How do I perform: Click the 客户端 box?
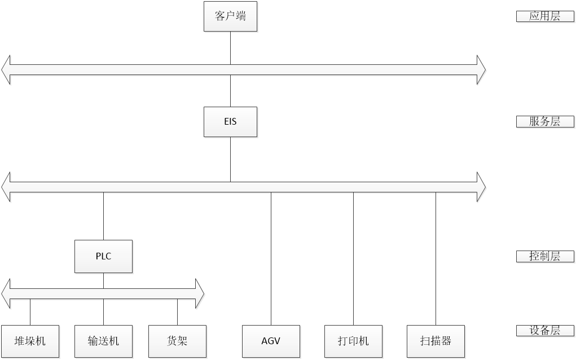coord(230,16)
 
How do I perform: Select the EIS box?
coord(230,122)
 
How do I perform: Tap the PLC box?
coord(103,256)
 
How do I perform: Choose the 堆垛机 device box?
coord(30,341)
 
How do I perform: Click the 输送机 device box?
coord(103,341)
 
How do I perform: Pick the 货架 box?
coord(177,341)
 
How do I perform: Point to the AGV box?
coord(271,341)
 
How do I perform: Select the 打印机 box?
coord(353,341)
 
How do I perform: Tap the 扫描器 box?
coord(436,341)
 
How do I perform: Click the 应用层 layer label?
coord(544,16)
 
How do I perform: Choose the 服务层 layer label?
coord(544,121)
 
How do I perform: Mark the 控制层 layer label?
coord(544,256)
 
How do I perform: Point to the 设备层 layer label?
coord(544,331)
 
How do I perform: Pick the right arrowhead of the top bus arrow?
coord(481,71)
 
